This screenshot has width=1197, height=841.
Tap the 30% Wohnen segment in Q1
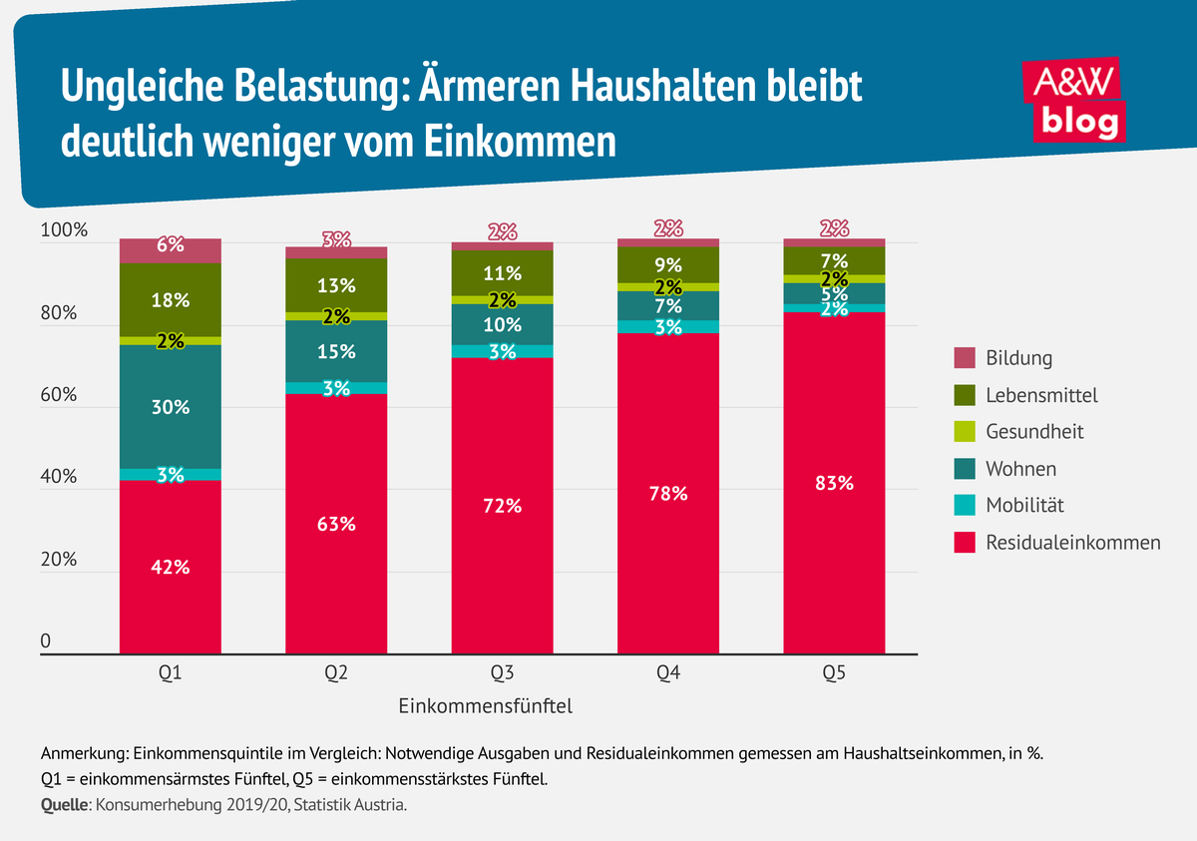point(171,407)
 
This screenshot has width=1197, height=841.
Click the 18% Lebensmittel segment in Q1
point(171,300)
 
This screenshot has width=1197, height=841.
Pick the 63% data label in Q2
point(336,524)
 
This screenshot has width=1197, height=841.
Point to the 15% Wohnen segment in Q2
point(336,351)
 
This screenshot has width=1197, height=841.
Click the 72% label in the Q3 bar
point(502,505)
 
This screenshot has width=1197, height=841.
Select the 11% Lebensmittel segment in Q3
point(502,272)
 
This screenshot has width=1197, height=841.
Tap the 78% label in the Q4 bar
point(667,493)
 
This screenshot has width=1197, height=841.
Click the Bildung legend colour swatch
point(964,358)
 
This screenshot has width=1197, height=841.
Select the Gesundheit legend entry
point(1033,432)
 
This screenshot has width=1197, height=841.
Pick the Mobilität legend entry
point(1024,506)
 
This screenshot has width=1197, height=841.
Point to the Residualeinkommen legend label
point(1073,543)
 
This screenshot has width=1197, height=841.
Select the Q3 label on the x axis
point(502,673)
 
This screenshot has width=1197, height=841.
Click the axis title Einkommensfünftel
point(485,706)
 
